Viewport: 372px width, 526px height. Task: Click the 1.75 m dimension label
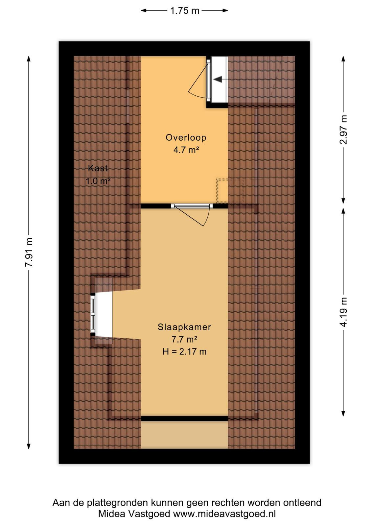pyautogui.click(x=185, y=11)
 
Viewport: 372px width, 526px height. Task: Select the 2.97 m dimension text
pyautogui.click(x=343, y=130)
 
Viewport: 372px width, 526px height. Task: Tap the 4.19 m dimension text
pyautogui.click(x=343, y=312)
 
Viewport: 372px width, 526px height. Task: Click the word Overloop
pyautogui.click(x=186, y=138)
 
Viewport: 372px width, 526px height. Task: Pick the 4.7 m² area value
pyautogui.click(x=186, y=150)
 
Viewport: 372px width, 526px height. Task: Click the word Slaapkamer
pyautogui.click(x=184, y=327)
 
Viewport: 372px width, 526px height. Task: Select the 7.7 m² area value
pyautogui.click(x=184, y=339)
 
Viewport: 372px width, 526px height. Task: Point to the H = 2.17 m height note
pyautogui.click(x=184, y=351)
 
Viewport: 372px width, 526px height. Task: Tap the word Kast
pyautogui.click(x=98, y=168)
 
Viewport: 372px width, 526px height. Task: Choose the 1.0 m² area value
pyautogui.click(x=98, y=181)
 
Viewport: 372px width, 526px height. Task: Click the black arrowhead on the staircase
pyautogui.click(x=218, y=80)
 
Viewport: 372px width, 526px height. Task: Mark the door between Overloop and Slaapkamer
pyautogui.click(x=192, y=206)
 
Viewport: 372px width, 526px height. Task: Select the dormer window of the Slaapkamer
pyautogui.click(x=93, y=315)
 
